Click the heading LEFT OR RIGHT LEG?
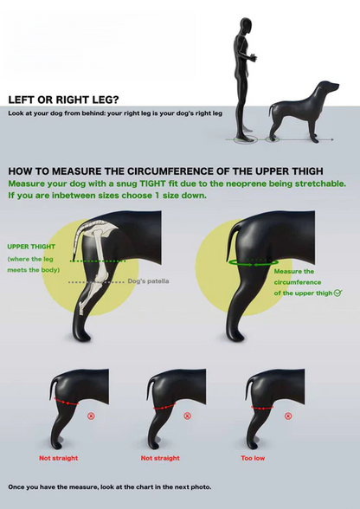tap(64, 100)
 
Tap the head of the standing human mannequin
tap(246, 26)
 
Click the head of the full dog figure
tap(328, 87)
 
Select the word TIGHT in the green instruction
tap(153, 184)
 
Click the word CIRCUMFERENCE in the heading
tap(186, 171)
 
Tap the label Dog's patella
tap(148, 281)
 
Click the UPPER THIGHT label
tap(31, 247)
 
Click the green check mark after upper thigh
tap(337, 293)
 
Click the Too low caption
tap(253, 458)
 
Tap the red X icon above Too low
tap(288, 416)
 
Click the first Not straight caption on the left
tap(59, 458)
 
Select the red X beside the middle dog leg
tap(187, 416)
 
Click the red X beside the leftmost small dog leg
tap(91, 416)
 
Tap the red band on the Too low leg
tap(262, 408)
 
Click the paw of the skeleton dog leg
tap(81, 335)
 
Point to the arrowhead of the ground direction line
tap(331, 139)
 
